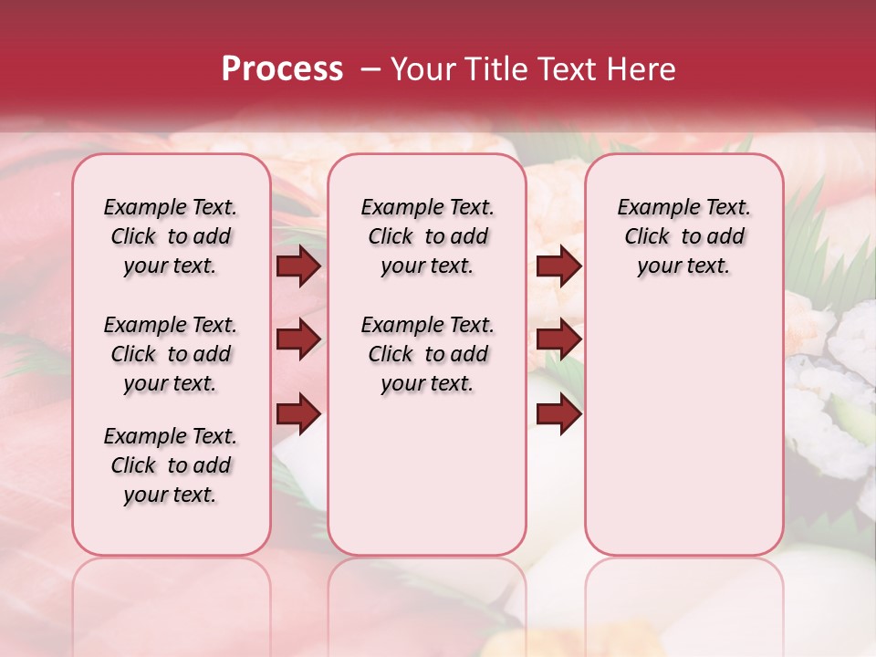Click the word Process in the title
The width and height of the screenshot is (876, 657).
pyautogui.click(x=282, y=69)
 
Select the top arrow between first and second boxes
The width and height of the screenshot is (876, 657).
pyautogui.click(x=298, y=266)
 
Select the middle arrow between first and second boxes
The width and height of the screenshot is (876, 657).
pyautogui.click(x=298, y=339)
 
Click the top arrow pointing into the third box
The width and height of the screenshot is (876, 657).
pyautogui.click(x=558, y=266)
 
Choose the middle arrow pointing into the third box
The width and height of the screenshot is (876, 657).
pyautogui.click(x=558, y=339)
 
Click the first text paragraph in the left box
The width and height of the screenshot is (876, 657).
pyautogui.click(x=171, y=236)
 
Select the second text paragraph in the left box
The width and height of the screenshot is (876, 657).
pyautogui.click(x=171, y=354)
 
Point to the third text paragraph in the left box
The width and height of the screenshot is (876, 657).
pyautogui.click(x=171, y=465)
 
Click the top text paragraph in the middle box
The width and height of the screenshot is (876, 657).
pyautogui.click(x=428, y=236)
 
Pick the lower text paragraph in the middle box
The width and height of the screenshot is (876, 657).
pyautogui.click(x=428, y=354)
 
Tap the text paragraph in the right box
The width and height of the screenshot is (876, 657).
pyautogui.click(x=684, y=236)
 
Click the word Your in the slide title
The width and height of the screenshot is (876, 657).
pyautogui.click(x=423, y=69)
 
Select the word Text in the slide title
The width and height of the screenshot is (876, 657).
pyautogui.click(x=565, y=69)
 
